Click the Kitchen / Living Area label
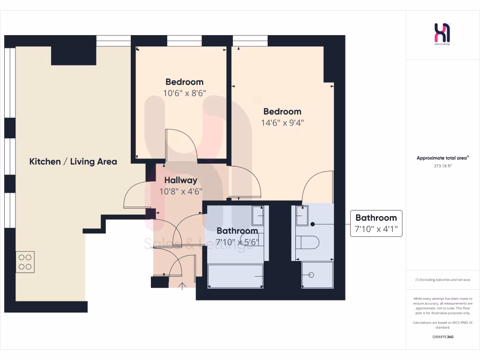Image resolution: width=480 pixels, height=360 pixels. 73,162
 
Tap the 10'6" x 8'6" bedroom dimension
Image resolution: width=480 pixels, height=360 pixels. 184,93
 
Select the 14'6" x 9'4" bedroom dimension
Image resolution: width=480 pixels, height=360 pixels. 282,123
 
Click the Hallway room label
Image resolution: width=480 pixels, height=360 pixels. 180,180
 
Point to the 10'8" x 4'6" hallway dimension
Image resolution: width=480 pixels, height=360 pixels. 180,191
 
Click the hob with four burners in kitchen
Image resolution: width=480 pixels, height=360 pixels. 25,262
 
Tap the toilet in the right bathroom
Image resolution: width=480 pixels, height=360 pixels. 309,242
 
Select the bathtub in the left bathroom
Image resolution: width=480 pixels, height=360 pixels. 235,276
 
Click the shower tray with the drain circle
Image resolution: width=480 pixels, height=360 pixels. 317,274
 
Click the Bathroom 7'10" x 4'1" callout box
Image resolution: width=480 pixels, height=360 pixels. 376,223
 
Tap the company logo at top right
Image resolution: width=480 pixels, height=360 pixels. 442,34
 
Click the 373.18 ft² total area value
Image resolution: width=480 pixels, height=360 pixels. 442,165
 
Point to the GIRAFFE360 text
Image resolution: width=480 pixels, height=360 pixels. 442,337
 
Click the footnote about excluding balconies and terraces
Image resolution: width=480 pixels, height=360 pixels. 442,280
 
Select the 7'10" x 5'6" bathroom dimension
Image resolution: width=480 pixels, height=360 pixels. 237,242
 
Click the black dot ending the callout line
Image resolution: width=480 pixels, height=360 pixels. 313,224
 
